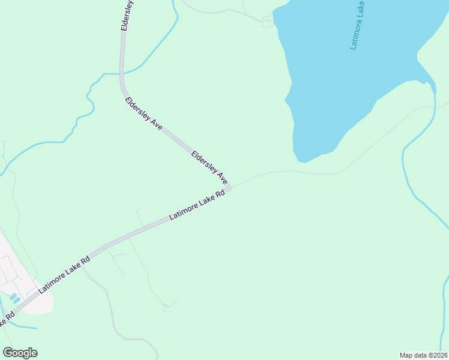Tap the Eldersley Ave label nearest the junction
pos(209,167)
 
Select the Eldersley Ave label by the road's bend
pos(144,113)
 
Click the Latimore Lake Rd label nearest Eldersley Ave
pos(197,205)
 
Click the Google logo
pos(20,353)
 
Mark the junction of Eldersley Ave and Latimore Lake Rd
pos(229,188)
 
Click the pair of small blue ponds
pos(14,298)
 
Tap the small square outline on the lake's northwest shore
pos(267,23)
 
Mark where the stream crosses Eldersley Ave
pos(121,74)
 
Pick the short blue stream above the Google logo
pos(24,327)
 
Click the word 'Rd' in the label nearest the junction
pos(220,194)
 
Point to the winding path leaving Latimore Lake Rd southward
pos(111,306)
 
